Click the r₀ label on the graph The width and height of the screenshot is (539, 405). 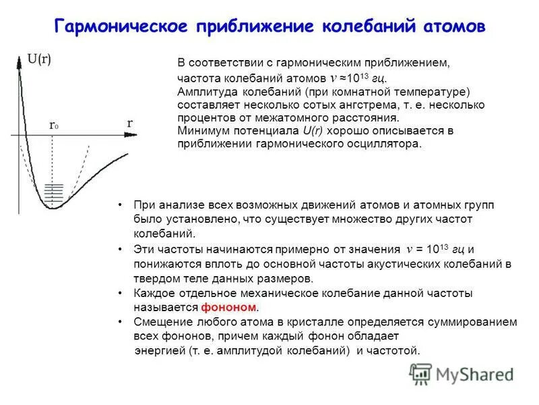pos(54,126)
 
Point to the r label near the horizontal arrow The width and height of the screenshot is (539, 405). pos(129,124)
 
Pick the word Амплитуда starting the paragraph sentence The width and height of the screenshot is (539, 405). pos(203,91)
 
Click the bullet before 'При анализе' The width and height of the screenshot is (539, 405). pos(119,205)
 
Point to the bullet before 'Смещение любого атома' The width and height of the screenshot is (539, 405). pos(119,321)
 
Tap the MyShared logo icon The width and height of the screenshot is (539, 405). pos(421,374)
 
